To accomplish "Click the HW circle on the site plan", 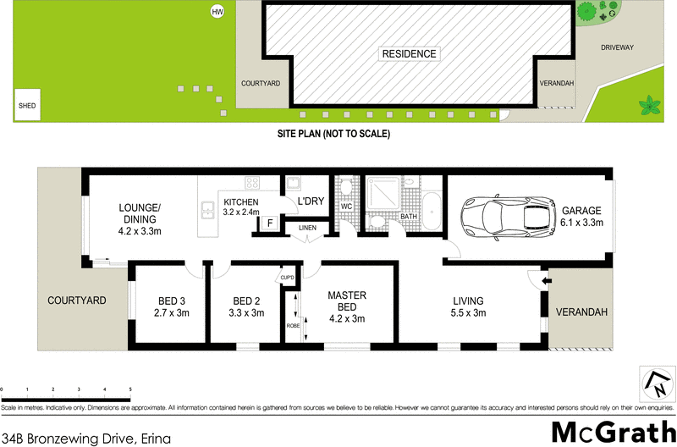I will pyautogui.click(x=217, y=12).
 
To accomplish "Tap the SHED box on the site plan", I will pyautogui.click(x=28, y=106).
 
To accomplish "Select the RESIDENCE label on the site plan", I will pyautogui.click(x=409, y=54).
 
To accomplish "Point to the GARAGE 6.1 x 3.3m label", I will pyautogui.click(x=581, y=217).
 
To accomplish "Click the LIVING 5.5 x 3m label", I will pyautogui.click(x=468, y=306).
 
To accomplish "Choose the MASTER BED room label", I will pyautogui.click(x=346, y=306).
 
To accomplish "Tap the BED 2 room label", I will pyautogui.click(x=247, y=306).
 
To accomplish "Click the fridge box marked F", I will pyautogui.click(x=269, y=224).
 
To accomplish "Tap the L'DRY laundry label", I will pyautogui.click(x=311, y=201).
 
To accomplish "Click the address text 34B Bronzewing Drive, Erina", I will pyautogui.click(x=87, y=438).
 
